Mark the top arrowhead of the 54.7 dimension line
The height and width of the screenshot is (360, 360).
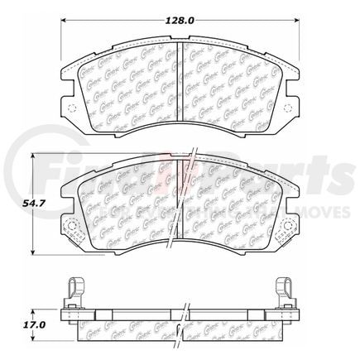[31, 155]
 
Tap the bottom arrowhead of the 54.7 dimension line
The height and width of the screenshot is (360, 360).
[31, 252]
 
